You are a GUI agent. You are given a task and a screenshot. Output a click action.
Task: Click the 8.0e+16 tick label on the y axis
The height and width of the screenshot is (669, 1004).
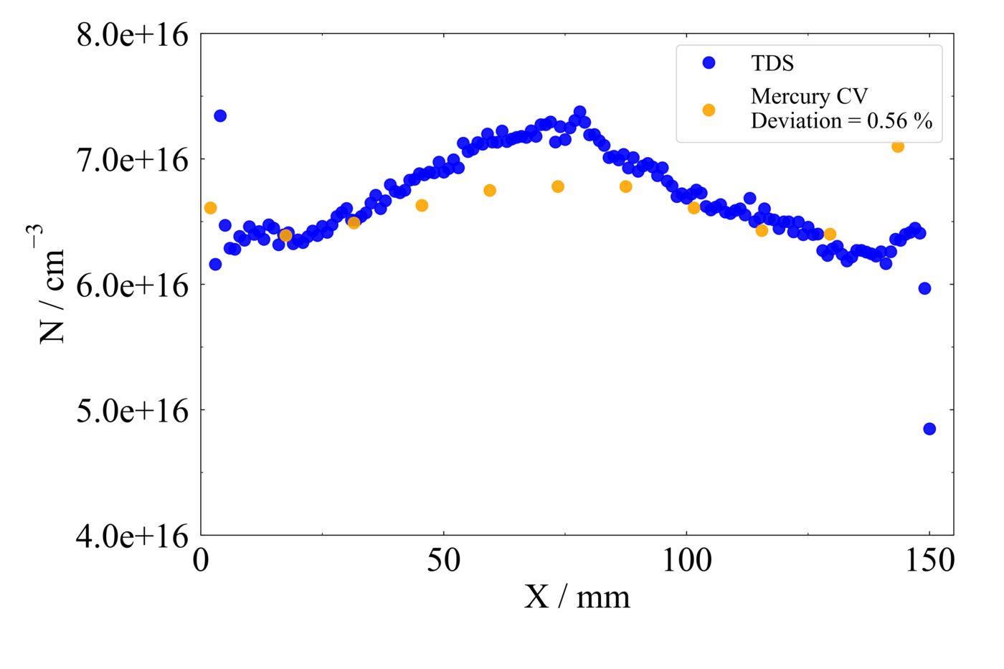(133, 34)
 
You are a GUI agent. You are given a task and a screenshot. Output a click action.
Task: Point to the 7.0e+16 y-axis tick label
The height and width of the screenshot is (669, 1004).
(133, 159)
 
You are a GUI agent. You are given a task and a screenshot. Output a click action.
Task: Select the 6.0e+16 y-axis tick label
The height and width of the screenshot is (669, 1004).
(133, 285)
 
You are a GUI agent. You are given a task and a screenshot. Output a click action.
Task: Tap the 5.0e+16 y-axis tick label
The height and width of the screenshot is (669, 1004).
(133, 410)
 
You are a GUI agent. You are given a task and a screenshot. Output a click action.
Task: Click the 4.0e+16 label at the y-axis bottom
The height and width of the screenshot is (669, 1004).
(133, 536)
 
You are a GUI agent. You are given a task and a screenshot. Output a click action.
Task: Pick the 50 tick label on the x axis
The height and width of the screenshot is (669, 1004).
(443, 561)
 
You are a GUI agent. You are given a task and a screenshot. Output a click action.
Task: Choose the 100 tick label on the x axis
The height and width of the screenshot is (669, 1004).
(686, 561)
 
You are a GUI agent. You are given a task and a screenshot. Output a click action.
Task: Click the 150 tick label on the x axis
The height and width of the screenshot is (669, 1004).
(929, 561)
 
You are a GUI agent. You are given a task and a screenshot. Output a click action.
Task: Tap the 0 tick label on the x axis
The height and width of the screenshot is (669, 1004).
(201, 561)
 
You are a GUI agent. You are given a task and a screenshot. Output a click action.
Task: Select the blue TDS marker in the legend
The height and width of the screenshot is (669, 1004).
(709, 63)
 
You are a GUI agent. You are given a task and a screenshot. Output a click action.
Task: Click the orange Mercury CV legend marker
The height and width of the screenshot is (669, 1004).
(709, 110)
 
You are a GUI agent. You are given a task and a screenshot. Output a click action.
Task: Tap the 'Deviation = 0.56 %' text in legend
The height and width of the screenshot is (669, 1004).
(841, 121)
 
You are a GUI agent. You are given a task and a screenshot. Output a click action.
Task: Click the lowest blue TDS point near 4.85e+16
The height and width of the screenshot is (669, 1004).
(929, 429)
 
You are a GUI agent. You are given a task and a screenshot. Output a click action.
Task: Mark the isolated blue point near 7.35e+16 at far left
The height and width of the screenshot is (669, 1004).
(220, 116)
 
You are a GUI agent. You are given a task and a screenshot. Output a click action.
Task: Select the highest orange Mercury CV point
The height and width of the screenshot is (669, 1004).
(898, 146)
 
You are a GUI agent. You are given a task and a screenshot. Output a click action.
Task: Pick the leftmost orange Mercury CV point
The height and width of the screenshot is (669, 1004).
(210, 208)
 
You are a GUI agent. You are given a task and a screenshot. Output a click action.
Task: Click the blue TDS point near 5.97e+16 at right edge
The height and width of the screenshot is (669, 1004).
(924, 288)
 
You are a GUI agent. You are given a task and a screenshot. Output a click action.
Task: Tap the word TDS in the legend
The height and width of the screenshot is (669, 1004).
(772, 63)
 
